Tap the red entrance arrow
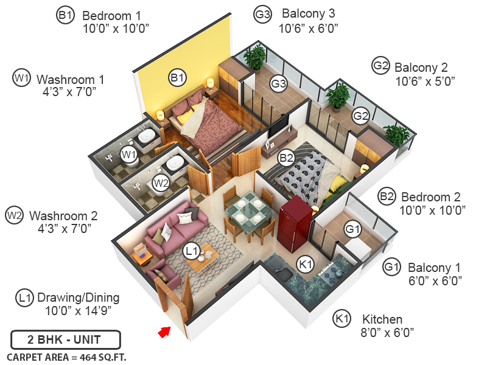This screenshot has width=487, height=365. click(x=164, y=332)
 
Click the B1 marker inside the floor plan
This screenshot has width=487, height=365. click(x=177, y=77)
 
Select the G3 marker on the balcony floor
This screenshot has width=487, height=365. click(x=278, y=84)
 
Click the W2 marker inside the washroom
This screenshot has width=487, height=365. click(x=161, y=182)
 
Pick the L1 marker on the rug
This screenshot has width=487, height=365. click(x=192, y=250)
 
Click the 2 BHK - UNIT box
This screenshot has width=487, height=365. click(x=66, y=339)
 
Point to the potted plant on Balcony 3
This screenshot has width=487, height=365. click(x=254, y=58)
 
